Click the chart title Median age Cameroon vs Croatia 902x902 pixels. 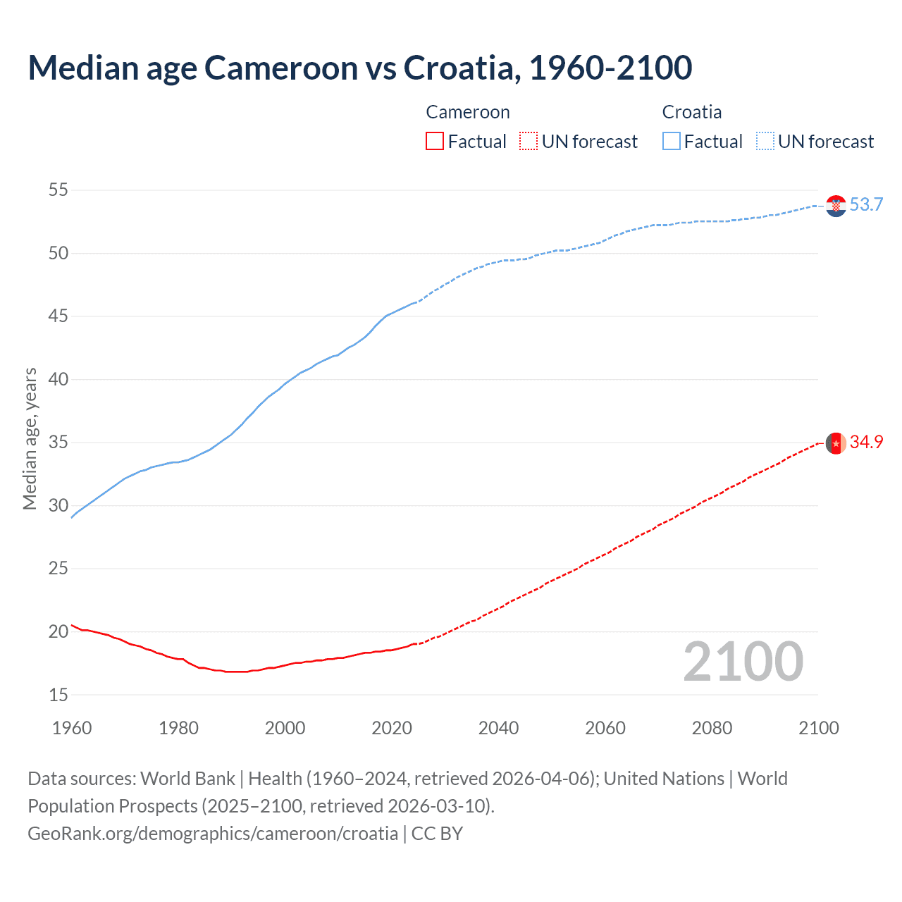coord(359,68)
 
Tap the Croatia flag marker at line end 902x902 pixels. coord(836,205)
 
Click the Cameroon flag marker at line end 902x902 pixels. coord(836,443)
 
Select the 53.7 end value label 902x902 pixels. coord(866,204)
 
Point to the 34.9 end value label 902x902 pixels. coord(866,442)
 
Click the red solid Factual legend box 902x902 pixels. coord(435,141)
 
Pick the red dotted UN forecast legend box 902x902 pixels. coord(529,141)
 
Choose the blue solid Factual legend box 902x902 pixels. coord(672,141)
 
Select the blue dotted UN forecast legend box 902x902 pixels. coord(765,141)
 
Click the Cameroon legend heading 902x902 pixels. coord(467,112)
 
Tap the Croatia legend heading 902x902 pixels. coord(691,112)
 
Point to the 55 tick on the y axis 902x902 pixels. coord(58,190)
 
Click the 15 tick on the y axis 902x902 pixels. coord(58,695)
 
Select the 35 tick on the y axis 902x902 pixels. coord(58,443)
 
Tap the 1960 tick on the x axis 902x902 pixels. coord(72,728)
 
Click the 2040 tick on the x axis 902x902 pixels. coord(498,728)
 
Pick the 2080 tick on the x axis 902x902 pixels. coord(712,728)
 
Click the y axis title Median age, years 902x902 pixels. coord(30,438)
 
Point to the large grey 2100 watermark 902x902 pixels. coord(743,661)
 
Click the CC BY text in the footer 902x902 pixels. coord(437,834)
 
